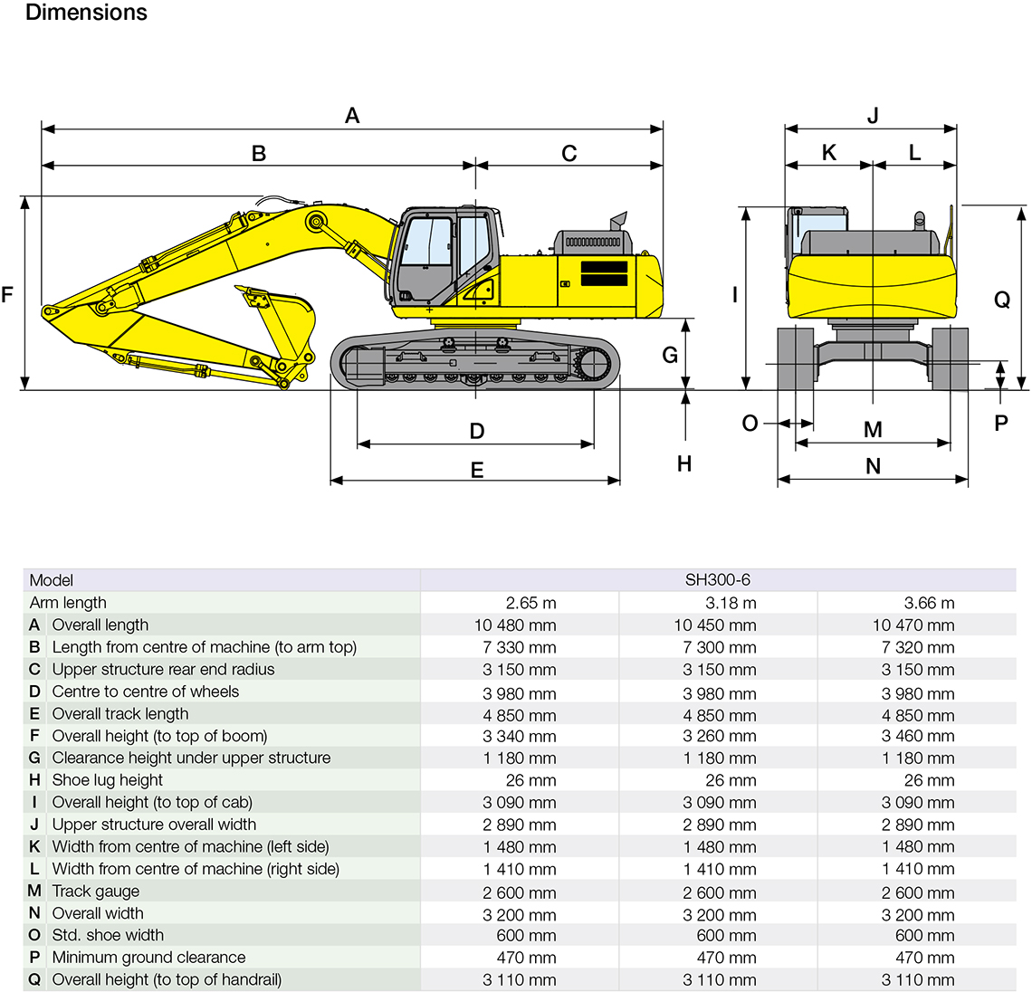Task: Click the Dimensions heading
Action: point(86,13)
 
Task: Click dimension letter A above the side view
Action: point(352,116)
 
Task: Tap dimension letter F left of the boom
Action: point(8,295)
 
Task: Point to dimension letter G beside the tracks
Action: point(670,355)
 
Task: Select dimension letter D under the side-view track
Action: point(477,431)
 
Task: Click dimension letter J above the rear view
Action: point(873,116)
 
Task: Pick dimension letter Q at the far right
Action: point(1002,300)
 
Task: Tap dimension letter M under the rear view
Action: point(873,430)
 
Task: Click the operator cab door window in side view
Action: point(473,244)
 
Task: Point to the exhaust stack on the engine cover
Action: point(618,222)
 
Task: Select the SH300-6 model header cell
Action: point(718,580)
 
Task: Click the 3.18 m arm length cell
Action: point(731,603)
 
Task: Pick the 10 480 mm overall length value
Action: point(515,625)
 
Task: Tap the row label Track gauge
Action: point(96,892)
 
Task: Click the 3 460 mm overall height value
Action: point(917,736)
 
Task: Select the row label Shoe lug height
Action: point(108,780)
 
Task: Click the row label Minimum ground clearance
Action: point(148,958)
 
